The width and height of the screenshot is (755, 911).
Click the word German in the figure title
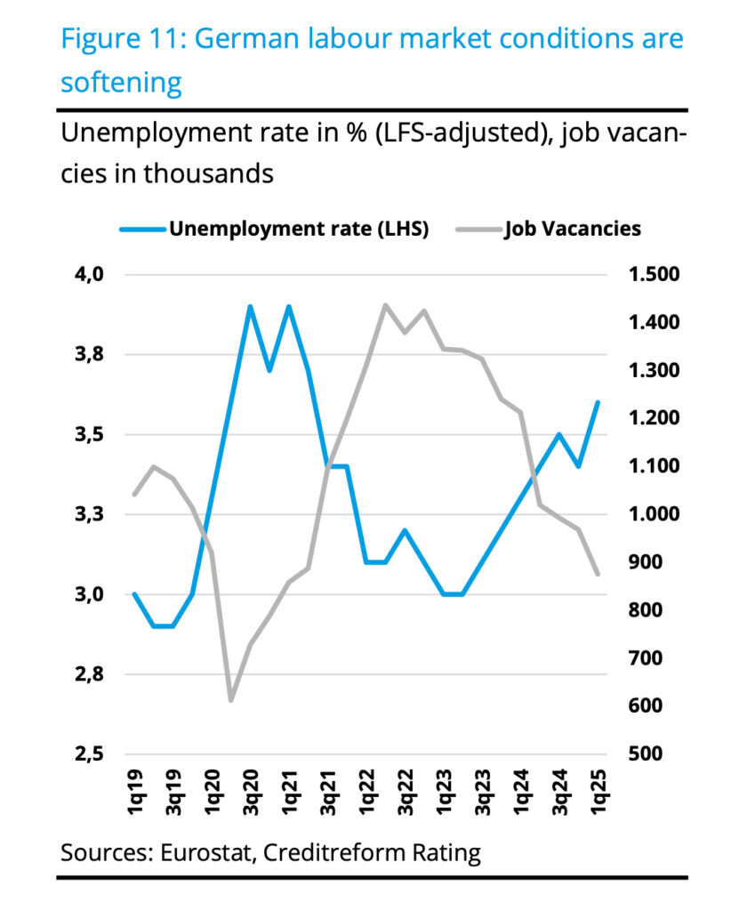coord(252,40)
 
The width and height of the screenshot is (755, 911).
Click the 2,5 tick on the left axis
coord(89,754)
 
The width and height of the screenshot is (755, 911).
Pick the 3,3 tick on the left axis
coord(89,514)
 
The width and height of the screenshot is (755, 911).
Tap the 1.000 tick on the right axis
coord(654,514)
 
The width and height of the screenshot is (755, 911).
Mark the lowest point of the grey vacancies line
coord(231,700)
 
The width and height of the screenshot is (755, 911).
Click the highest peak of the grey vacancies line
coord(385,305)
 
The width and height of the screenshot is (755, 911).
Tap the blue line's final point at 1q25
coord(598,402)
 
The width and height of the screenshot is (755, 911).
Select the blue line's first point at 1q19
coord(134,594)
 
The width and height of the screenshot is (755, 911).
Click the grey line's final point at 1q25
coord(598,574)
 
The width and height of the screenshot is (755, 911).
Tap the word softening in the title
coord(121,83)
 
